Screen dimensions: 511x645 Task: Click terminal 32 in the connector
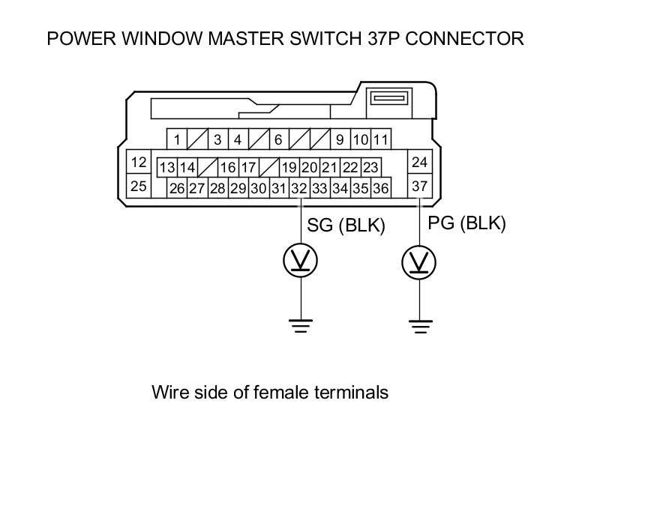tap(298, 188)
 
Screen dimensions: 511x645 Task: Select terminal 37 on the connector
tap(419, 186)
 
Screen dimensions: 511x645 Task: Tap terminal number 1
tap(177, 139)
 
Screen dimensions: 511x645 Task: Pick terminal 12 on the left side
tap(138, 162)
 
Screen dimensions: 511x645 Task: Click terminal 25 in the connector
tap(138, 186)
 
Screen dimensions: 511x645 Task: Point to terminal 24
tap(419, 162)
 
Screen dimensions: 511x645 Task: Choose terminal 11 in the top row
tap(380, 139)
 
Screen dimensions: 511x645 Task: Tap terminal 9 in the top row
tap(339, 139)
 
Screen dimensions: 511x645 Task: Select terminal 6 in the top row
tap(277, 139)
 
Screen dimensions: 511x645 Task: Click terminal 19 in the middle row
tap(289, 167)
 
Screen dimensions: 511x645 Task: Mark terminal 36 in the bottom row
tap(380, 188)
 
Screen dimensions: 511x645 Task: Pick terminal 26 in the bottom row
tap(177, 188)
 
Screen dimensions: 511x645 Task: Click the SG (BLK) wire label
tap(346, 226)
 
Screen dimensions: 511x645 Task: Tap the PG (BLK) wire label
tap(466, 223)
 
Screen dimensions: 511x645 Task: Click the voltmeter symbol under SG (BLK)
tap(300, 260)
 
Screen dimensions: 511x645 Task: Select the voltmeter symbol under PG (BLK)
tap(419, 263)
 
